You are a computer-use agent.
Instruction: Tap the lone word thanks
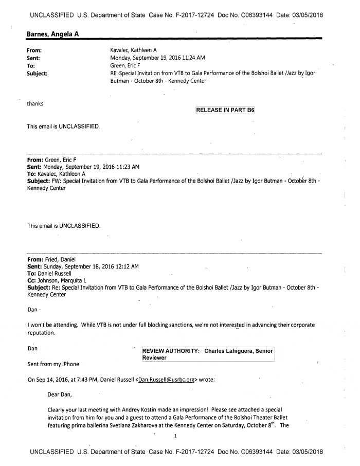coord(35,103)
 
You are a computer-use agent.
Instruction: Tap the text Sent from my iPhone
coord(53,364)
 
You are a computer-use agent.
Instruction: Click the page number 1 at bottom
coord(175,437)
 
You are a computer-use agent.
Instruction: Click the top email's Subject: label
coord(37,74)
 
